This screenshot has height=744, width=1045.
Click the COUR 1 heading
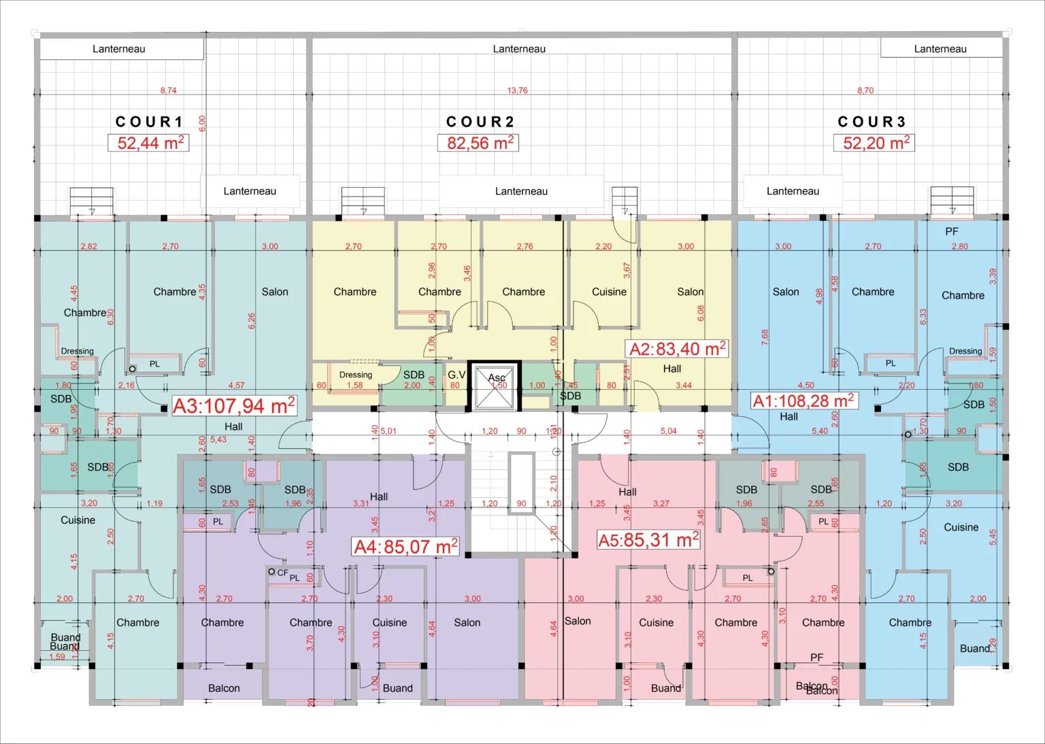click(150, 122)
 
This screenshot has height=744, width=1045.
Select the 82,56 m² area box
click(478, 143)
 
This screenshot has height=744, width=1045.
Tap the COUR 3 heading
click(872, 122)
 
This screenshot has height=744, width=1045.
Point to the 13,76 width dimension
click(517, 90)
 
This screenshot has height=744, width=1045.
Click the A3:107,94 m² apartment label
click(234, 406)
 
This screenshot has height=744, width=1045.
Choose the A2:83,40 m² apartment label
click(678, 349)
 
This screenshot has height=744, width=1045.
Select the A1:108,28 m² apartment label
click(803, 401)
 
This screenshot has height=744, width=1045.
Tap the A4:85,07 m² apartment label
click(405, 547)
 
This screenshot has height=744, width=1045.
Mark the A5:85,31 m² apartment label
click(648, 540)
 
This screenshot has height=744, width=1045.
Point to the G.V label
click(457, 375)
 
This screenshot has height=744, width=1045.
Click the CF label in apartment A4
click(282, 573)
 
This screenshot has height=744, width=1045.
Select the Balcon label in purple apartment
click(224, 688)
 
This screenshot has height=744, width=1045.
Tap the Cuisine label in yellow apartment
click(609, 292)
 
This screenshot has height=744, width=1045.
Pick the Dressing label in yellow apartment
click(356, 375)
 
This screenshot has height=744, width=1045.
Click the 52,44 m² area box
click(148, 143)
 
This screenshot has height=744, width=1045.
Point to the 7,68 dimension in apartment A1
click(765, 337)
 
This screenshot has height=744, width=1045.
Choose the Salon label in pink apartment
click(578, 621)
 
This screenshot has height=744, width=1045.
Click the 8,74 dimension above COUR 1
click(168, 90)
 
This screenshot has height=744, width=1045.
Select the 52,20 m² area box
click(874, 143)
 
